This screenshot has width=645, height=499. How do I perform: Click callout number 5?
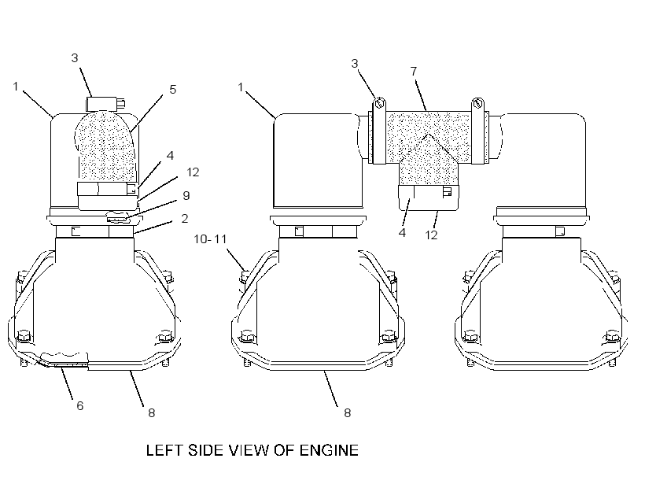(x=173, y=90)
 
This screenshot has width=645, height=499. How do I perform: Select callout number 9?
(x=186, y=195)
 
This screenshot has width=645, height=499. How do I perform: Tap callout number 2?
(x=185, y=219)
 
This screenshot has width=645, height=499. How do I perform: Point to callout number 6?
(x=80, y=406)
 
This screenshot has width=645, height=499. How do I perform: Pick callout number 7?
(x=415, y=71)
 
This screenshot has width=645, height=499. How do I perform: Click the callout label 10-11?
(x=210, y=238)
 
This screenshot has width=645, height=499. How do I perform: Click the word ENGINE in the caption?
(x=329, y=450)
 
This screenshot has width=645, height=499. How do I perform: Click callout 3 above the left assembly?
(x=75, y=57)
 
